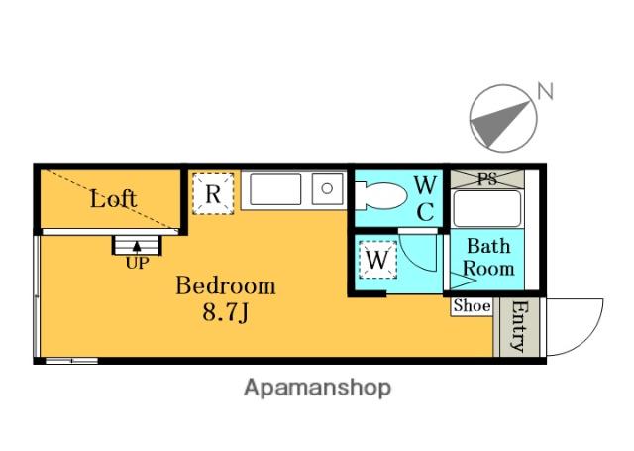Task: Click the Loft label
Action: coord(113,199)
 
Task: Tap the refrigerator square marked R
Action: coord(213,193)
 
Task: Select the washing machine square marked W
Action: coord(377,260)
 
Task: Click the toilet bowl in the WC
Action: coord(381,196)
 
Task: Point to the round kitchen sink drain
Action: coord(327,188)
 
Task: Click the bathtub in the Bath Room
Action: coord(486,209)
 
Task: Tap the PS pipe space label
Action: coord(486,179)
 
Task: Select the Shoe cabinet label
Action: coord(472,306)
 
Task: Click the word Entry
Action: coord(519,326)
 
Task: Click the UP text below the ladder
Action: coord(137,263)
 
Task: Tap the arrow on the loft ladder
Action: coord(137,247)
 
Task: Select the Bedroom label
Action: coord(226,285)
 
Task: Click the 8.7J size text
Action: coord(226,312)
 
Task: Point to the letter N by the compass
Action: coord(545,91)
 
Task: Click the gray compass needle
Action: coord(497,122)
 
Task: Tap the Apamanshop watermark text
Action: coord(317,388)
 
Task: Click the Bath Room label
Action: coord(488,258)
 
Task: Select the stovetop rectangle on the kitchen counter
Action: coord(275,189)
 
